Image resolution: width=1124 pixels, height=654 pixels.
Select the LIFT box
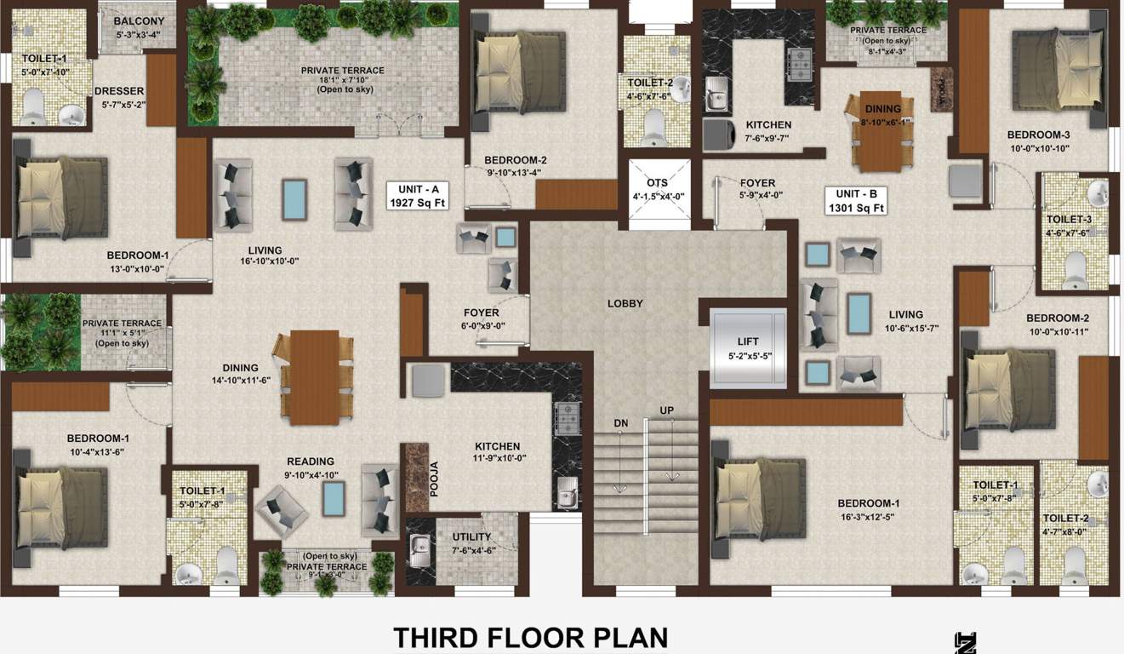pyautogui.click(x=748, y=348)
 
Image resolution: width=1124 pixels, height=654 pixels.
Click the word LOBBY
pyautogui.click(x=625, y=304)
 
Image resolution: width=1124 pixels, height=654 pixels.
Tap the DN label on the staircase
pyautogui.click(x=621, y=423)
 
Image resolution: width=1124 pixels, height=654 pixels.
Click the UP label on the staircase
pyautogui.click(x=667, y=411)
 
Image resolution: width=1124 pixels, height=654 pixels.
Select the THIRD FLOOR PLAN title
pyautogui.click(x=530, y=638)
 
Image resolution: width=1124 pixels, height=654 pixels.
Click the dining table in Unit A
pyautogui.click(x=314, y=377)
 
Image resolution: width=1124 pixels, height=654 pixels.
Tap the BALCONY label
pyautogui.click(x=138, y=21)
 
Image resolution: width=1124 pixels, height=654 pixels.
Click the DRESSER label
pyautogui.click(x=118, y=91)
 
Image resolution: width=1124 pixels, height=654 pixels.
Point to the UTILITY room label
pyautogui.click(x=471, y=536)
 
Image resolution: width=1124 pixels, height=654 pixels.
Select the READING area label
pyautogui.click(x=310, y=462)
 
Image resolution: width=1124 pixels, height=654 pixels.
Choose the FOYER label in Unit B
pyautogui.click(x=756, y=183)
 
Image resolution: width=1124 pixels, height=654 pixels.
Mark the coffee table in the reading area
pyautogui.click(x=334, y=498)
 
